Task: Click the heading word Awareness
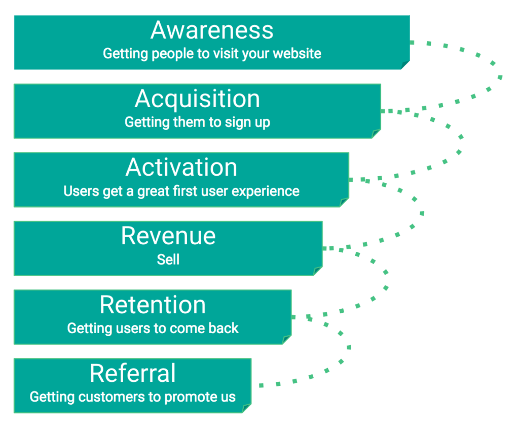coord(212,30)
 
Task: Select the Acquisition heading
coord(197,99)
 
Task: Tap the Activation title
coord(181,168)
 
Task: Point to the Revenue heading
coord(168,236)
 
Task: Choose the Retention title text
coord(153,305)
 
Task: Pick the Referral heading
coord(133,374)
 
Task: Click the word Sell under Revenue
coord(168,259)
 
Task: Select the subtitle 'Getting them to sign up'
coord(197,122)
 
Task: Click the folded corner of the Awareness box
coord(405,65)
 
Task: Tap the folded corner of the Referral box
coord(247,408)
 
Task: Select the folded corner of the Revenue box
coord(318,271)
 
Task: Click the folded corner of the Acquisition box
coord(376,134)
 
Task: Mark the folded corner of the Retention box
coord(287,339)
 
